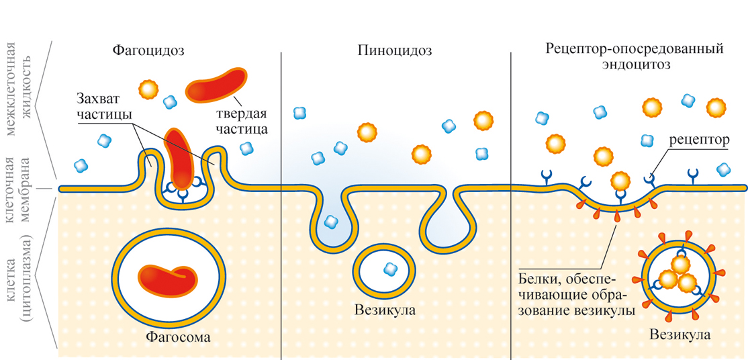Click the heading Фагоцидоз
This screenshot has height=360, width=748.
coord(148,50)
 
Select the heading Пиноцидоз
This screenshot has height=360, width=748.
coord(395,50)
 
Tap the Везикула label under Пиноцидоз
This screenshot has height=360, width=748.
coord(385,310)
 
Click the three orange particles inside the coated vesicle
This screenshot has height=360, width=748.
coord(676,273)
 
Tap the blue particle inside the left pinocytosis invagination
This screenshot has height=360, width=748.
coord(330,220)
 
